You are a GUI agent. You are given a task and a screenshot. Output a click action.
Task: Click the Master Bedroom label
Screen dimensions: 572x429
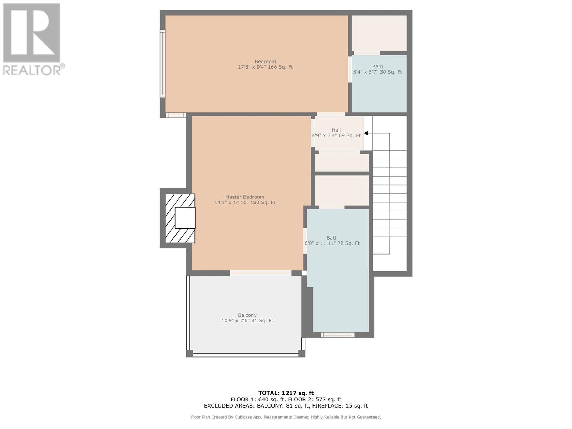(x=245, y=197)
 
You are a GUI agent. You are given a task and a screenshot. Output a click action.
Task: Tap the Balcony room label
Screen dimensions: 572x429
(x=247, y=315)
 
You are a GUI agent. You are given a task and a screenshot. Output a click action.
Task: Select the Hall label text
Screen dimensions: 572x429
(x=336, y=130)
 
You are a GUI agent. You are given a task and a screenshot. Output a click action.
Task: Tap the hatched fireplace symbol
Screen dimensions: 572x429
(x=180, y=218)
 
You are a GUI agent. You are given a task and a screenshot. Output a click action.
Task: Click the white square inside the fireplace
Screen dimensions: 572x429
(x=185, y=218)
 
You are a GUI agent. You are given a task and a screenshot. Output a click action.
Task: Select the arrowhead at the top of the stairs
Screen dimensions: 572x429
(x=366, y=133)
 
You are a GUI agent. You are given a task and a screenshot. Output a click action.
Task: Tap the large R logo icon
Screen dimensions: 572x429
(x=31, y=33)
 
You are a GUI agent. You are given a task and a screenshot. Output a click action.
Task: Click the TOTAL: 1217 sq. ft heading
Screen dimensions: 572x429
(x=286, y=393)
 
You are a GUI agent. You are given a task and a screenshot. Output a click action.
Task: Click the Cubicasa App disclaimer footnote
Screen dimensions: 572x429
(x=286, y=417)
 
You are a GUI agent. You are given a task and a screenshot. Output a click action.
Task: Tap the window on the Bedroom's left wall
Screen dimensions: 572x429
(x=163, y=64)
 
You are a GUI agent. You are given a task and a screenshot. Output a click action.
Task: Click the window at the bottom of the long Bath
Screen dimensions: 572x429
(x=337, y=335)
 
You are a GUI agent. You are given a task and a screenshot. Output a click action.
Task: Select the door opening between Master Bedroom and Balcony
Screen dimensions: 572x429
(x=261, y=273)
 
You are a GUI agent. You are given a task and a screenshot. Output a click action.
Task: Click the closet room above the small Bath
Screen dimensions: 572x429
(x=379, y=33)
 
